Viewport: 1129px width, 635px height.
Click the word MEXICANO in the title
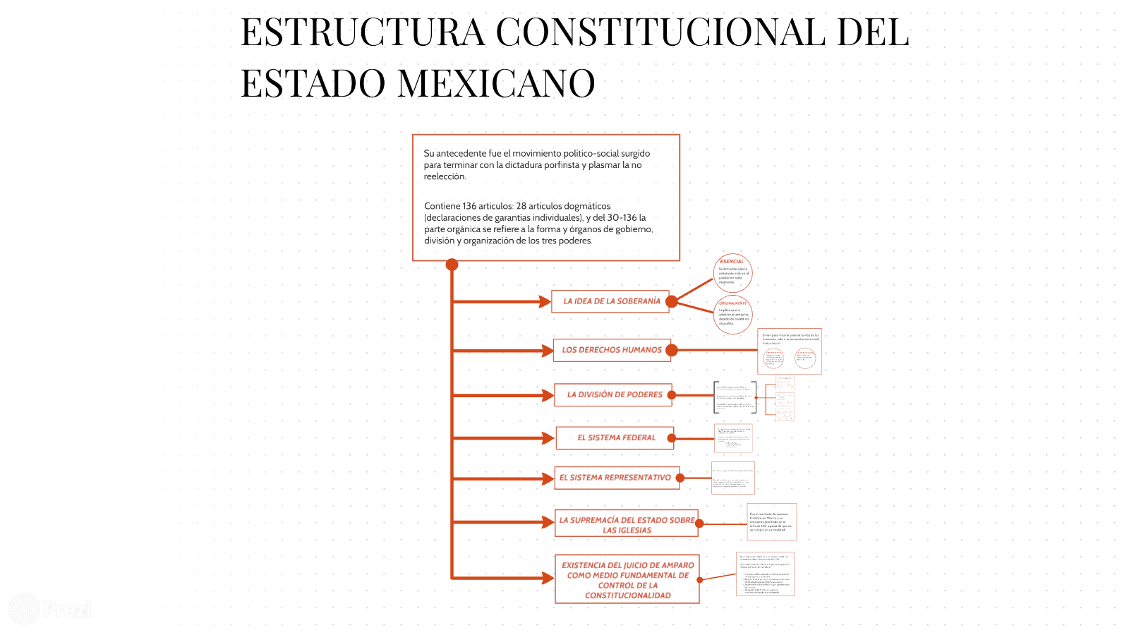pyautogui.click(x=496, y=83)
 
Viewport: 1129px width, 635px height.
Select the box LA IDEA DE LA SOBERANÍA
pyautogui.click(x=611, y=301)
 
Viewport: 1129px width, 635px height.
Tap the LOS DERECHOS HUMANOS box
pyautogui.click(x=612, y=350)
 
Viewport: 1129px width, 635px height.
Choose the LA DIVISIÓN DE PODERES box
pyautogui.click(x=614, y=395)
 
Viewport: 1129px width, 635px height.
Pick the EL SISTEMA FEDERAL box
pyautogui.click(x=615, y=438)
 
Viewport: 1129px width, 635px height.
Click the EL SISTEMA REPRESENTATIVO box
pyautogui.click(x=615, y=478)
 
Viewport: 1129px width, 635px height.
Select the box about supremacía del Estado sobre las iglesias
pyautogui.click(x=627, y=524)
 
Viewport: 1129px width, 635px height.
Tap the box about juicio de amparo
pyautogui.click(x=627, y=579)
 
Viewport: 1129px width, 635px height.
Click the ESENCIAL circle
pyautogui.click(x=732, y=273)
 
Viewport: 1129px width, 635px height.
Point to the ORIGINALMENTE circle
pyautogui.click(x=733, y=315)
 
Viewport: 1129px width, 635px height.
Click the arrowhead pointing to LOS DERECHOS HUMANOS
pyautogui.click(x=547, y=351)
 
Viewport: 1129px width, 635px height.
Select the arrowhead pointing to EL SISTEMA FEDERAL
pyautogui.click(x=548, y=438)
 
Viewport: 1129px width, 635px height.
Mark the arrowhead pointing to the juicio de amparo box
pyautogui.click(x=548, y=579)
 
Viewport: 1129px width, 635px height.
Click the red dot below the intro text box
pyautogui.click(x=452, y=265)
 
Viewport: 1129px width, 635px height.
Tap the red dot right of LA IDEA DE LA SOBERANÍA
pyautogui.click(x=672, y=302)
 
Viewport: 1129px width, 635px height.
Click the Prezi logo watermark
pyautogui.click(x=49, y=608)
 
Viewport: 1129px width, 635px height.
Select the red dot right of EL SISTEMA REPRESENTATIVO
pyautogui.click(x=680, y=478)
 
